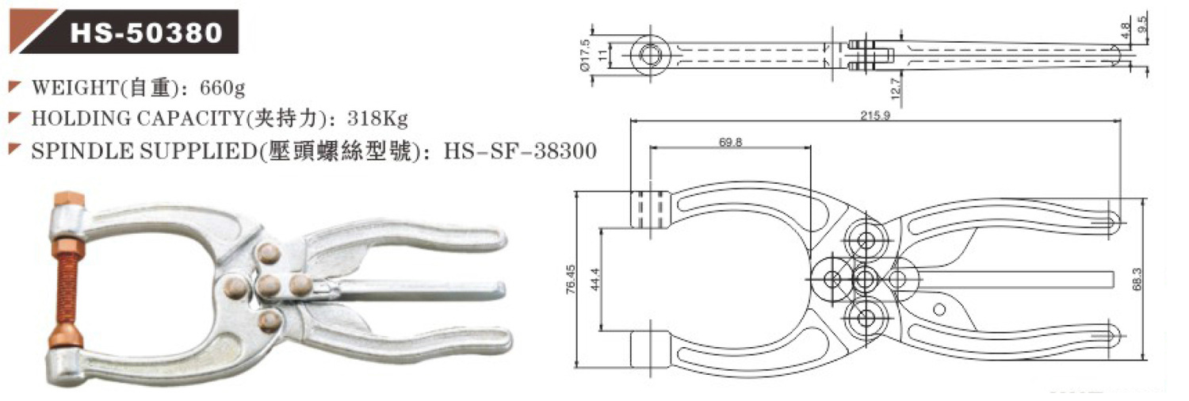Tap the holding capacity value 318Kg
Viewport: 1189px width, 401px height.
coord(377,119)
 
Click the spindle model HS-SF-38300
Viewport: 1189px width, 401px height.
coord(519,151)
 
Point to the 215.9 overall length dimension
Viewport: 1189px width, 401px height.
coord(874,114)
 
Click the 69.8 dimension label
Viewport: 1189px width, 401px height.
coord(731,142)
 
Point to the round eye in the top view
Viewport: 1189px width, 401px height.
coord(652,54)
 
